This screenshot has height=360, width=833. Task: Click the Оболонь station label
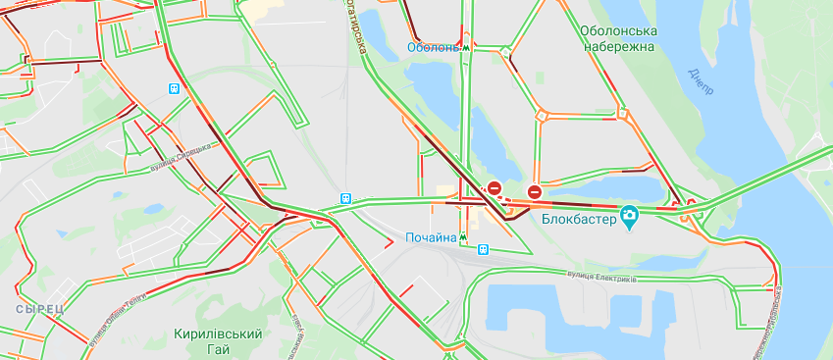coord(433,47)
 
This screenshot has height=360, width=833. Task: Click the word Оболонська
coord(618,30)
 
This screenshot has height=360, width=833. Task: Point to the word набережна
coord(618,46)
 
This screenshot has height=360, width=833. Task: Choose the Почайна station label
coord(431,237)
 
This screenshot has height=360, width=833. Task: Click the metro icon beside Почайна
coord(464,237)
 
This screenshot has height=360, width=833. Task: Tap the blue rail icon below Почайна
coord(483,250)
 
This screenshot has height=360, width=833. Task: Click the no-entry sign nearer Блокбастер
coord(534,192)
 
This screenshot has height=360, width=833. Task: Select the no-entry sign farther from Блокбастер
coord(495,187)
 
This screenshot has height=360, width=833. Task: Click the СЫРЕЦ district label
coord(39,309)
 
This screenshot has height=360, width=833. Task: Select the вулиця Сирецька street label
coord(182,154)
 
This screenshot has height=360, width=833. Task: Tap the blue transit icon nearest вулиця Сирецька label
coord(175,87)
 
